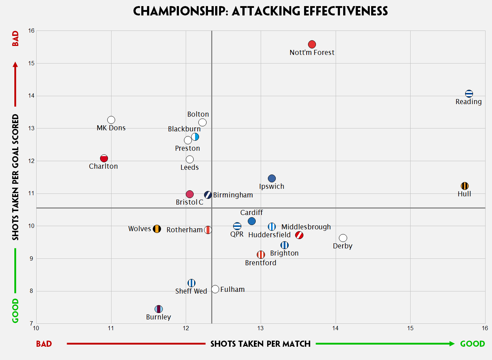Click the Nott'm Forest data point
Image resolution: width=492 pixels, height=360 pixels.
point(312,45)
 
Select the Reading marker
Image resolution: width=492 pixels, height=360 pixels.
point(469,94)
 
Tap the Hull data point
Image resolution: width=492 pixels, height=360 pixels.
point(465,186)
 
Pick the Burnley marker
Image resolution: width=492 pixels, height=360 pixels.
point(159,309)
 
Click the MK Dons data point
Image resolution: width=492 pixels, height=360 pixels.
point(111,120)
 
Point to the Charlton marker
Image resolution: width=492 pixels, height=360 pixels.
point(104,158)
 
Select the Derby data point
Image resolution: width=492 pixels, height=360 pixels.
point(343,238)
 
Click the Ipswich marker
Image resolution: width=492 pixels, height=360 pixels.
point(272,178)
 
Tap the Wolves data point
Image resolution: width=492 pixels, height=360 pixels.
point(157,229)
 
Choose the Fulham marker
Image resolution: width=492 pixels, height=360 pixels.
point(215,289)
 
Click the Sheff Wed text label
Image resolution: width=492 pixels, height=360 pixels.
point(191,291)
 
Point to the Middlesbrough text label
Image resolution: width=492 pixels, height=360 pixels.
point(306,227)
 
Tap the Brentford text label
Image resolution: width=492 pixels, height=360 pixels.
point(261,263)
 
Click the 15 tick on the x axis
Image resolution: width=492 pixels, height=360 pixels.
point(410,328)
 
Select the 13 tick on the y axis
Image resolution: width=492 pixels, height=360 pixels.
point(32,128)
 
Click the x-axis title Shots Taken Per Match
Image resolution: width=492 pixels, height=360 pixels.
point(260,344)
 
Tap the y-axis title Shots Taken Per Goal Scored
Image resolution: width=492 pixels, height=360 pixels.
point(15,177)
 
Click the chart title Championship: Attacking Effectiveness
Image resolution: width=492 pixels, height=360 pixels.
point(260,11)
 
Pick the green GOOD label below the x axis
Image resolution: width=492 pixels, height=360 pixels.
point(472,344)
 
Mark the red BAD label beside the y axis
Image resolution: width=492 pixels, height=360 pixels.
point(15,38)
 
